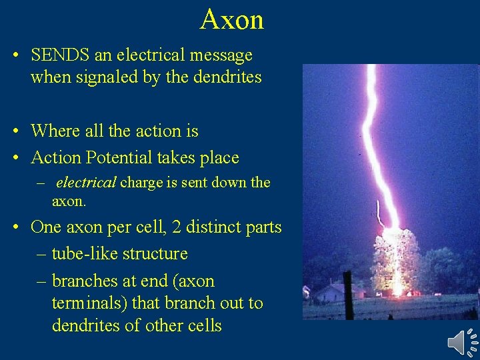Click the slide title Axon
click(x=231, y=19)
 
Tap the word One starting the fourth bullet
click(x=45, y=227)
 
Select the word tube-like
click(x=83, y=254)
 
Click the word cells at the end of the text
click(x=202, y=325)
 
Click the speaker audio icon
click(x=461, y=341)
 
